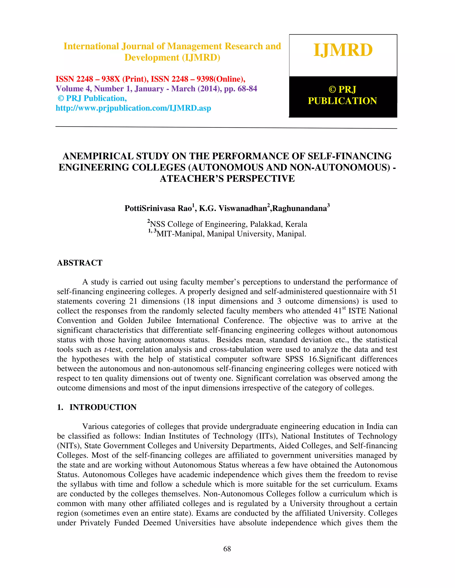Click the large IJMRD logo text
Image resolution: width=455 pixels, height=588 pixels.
(x=343, y=50)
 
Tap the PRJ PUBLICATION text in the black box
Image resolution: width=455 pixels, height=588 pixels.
(x=342, y=95)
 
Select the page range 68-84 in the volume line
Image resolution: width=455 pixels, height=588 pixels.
(x=247, y=89)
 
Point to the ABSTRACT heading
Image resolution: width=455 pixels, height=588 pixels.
(x=80, y=263)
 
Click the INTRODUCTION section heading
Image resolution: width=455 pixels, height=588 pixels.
(x=103, y=407)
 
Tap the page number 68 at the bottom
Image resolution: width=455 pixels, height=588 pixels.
(x=227, y=549)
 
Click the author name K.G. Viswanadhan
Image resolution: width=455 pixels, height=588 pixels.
(x=233, y=208)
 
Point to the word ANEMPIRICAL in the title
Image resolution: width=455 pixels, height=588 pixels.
(x=98, y=156)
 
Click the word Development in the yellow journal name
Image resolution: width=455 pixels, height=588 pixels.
(x=152, y=58)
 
